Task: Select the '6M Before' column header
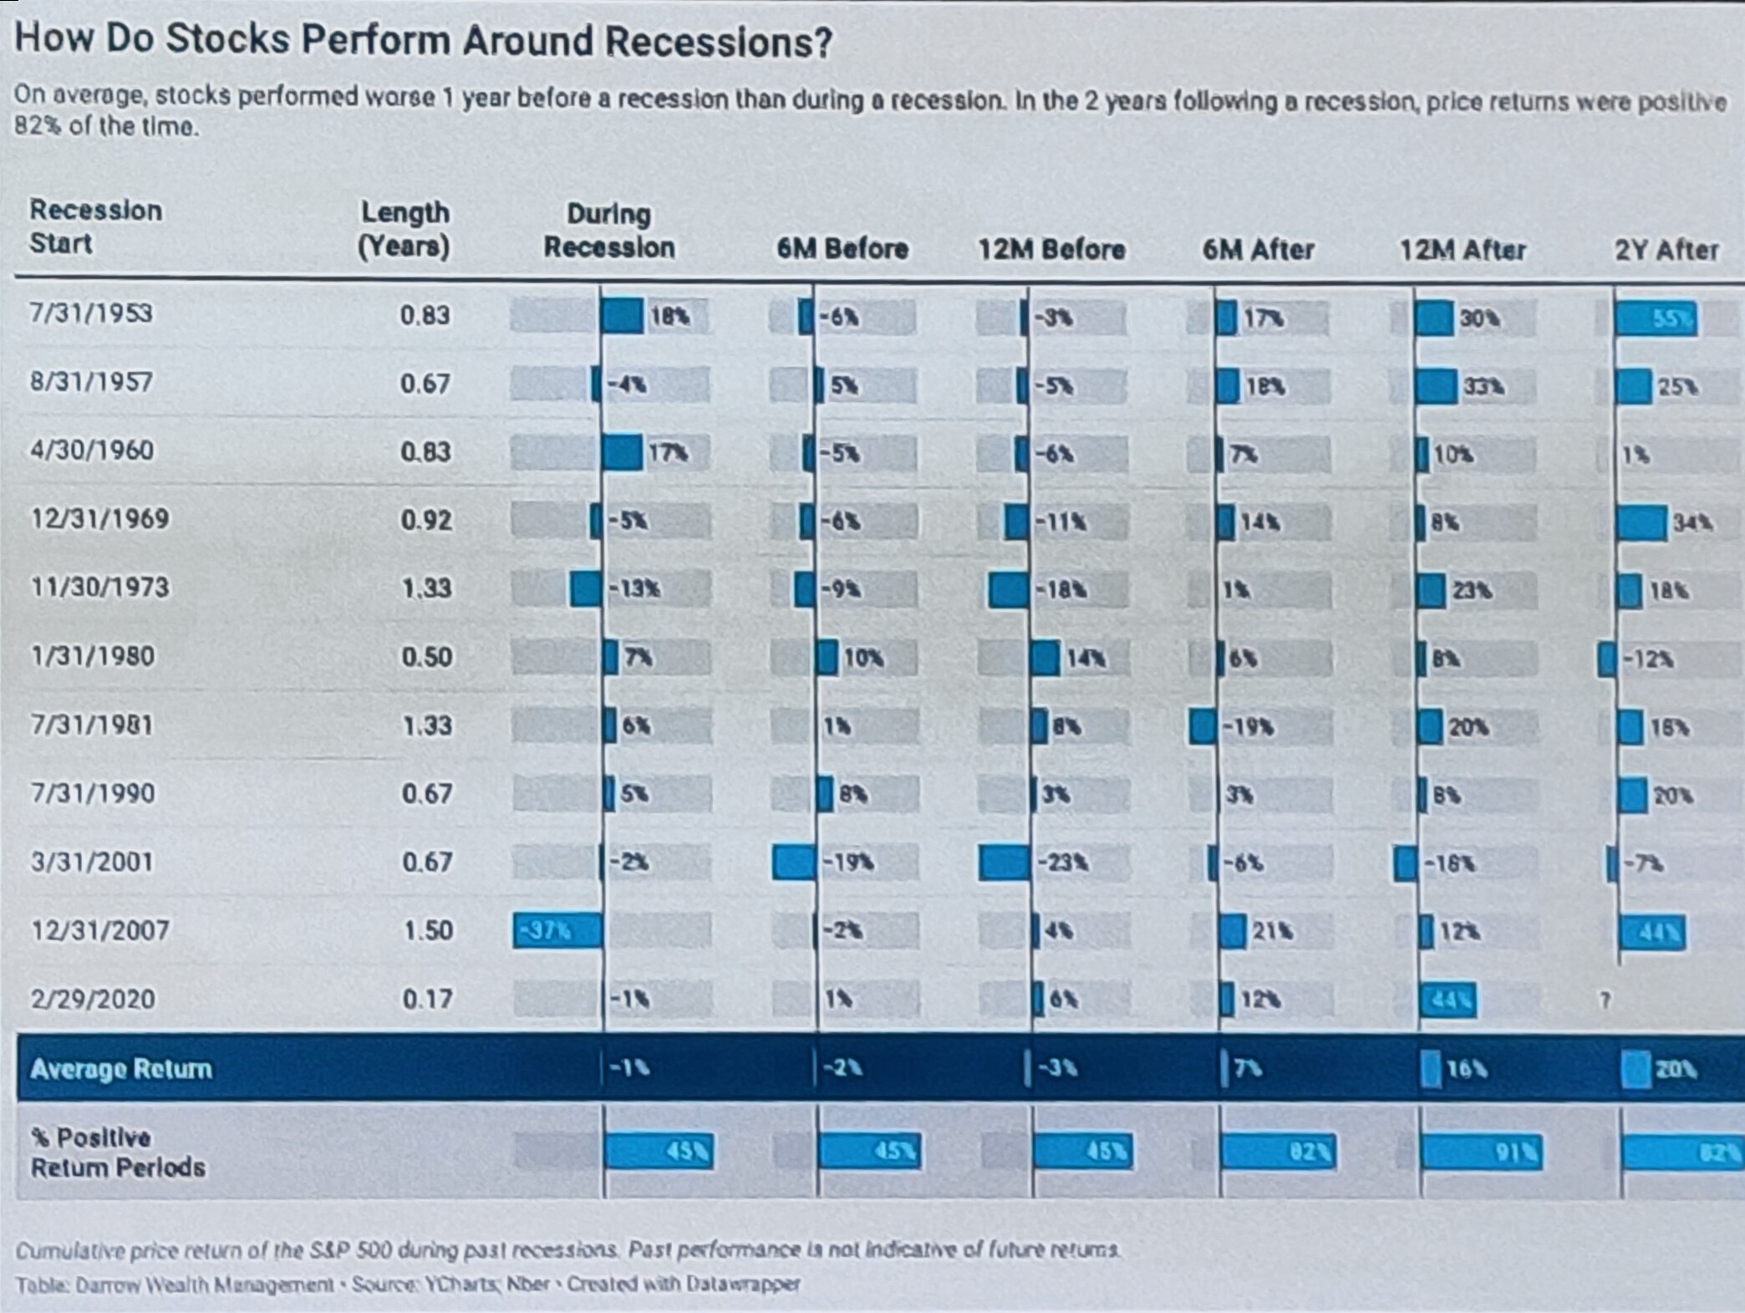click(842, 248)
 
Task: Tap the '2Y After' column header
click(1666, 250)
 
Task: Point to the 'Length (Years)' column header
click(404, 229)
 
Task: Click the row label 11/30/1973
click(99, 588)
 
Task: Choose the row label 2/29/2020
click(93, 999)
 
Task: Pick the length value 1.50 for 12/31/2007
click(428, 930)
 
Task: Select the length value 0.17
click(427, 999)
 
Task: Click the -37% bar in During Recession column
click(557, 930)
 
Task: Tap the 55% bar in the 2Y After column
click(1656, 319)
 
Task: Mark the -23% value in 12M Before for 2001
click(1061, 863)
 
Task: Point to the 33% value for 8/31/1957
click(1483, 387)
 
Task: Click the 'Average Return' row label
click(121, 1069)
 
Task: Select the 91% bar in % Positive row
click(1480, 1153)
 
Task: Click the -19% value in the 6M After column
click(1249, 727)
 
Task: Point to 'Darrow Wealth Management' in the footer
click(205, 1285)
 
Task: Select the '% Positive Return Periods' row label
click(117, 1153)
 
